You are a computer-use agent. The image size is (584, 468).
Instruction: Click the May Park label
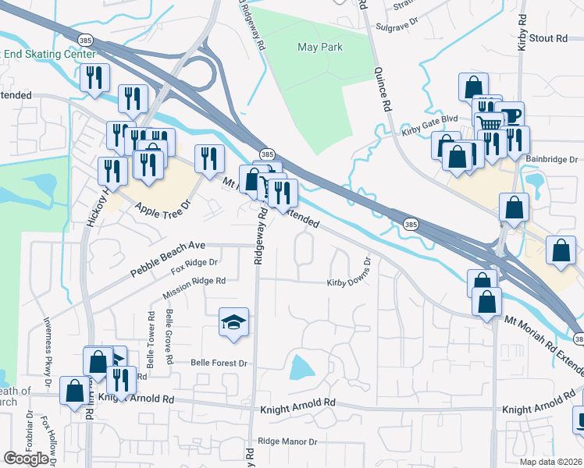tap(320, 47)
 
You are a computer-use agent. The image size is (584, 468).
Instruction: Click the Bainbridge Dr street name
tap(551, 160)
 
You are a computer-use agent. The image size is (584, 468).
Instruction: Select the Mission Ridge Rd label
tap(194, 288)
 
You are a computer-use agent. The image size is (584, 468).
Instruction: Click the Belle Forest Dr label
tap(219, 363)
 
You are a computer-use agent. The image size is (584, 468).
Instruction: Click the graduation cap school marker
tap(233, 322)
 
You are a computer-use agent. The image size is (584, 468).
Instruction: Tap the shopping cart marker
tap(490, 124)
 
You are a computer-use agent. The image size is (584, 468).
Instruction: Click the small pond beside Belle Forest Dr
tap(300, 366)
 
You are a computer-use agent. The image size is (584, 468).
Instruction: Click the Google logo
tap(27, 459)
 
